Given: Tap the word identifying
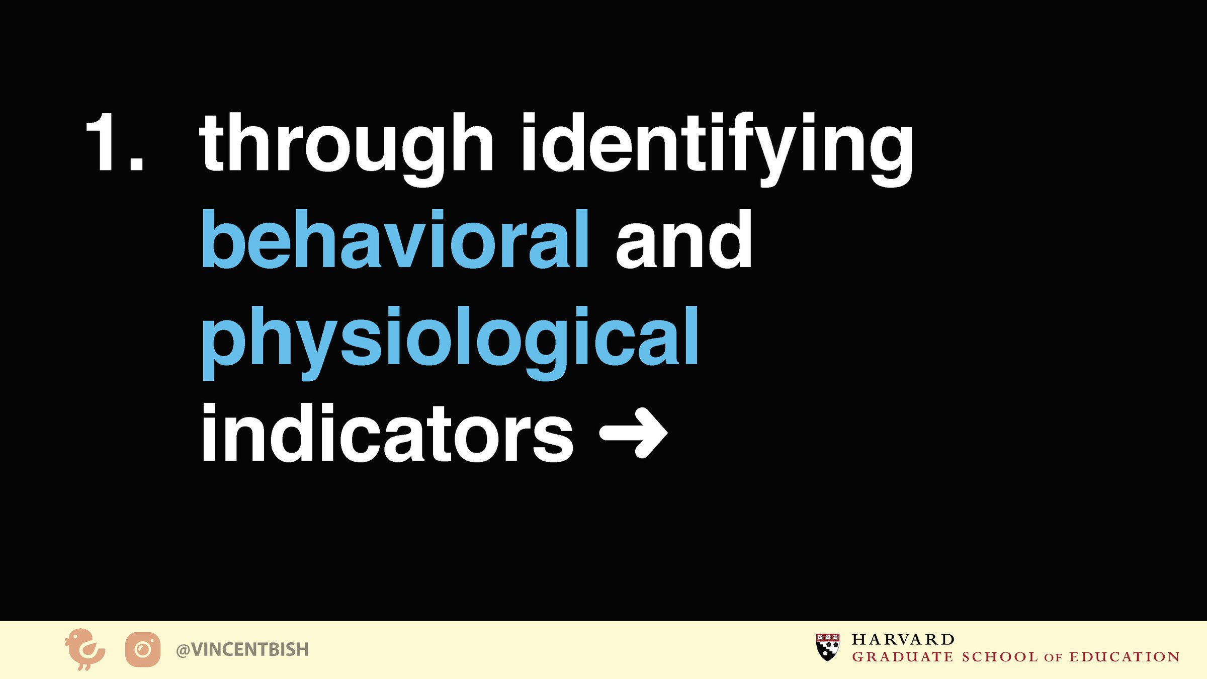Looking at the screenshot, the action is pyautogui.click(x=717, y=149).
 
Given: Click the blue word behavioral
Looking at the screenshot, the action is pyautogui.click(x=395, y=238).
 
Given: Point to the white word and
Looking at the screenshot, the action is pyautogui.click(x=684, y=238).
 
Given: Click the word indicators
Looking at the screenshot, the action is pyautogui.click(x=387, y=433).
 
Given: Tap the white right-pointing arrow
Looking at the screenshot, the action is pyautogui.click(x=634, y=433).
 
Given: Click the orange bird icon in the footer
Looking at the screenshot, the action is pyautogui.click(x=84, y=649).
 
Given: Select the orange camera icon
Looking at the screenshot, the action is pyautogui.click(x=143, y=649).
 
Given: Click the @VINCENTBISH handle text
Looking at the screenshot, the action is pyautogui.click(x=242, y=650).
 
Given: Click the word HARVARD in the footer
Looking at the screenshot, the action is pyautogui.click(x=903, y=639).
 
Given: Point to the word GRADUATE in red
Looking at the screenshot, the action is pyautogui.click(x=903, y=657).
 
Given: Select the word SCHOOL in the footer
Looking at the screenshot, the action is pyautogui.click(x=1000, y=657).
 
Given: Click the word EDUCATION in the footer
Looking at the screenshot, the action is pyautogui.click(x=1125, y=657).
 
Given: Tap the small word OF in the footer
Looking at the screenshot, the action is pyautogui.click(x=1053, y=658).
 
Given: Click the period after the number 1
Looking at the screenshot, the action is pyautogui.click(x=136, y=162).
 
